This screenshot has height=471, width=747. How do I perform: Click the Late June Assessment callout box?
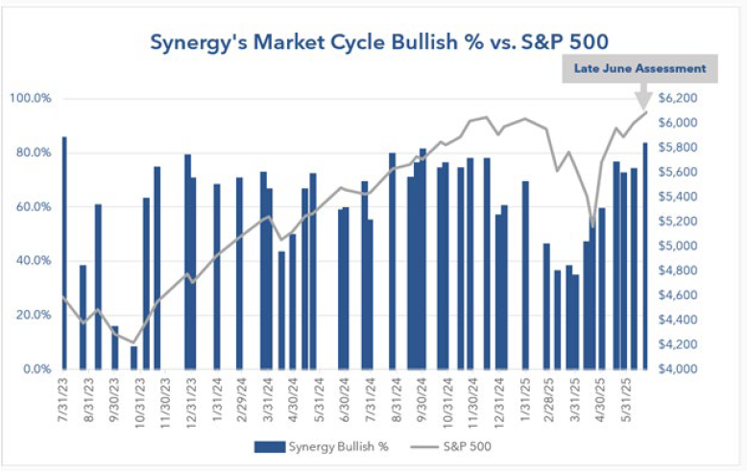(639, 68)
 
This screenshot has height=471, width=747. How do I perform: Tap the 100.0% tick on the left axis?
(32, 99)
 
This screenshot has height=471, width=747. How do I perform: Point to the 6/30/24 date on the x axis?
(343, 400)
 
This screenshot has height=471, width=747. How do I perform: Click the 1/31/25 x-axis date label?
(525, 400)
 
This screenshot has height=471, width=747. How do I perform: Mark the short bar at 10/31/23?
(134, 358)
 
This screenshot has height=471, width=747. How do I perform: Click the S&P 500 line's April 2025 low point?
(592, 228)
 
